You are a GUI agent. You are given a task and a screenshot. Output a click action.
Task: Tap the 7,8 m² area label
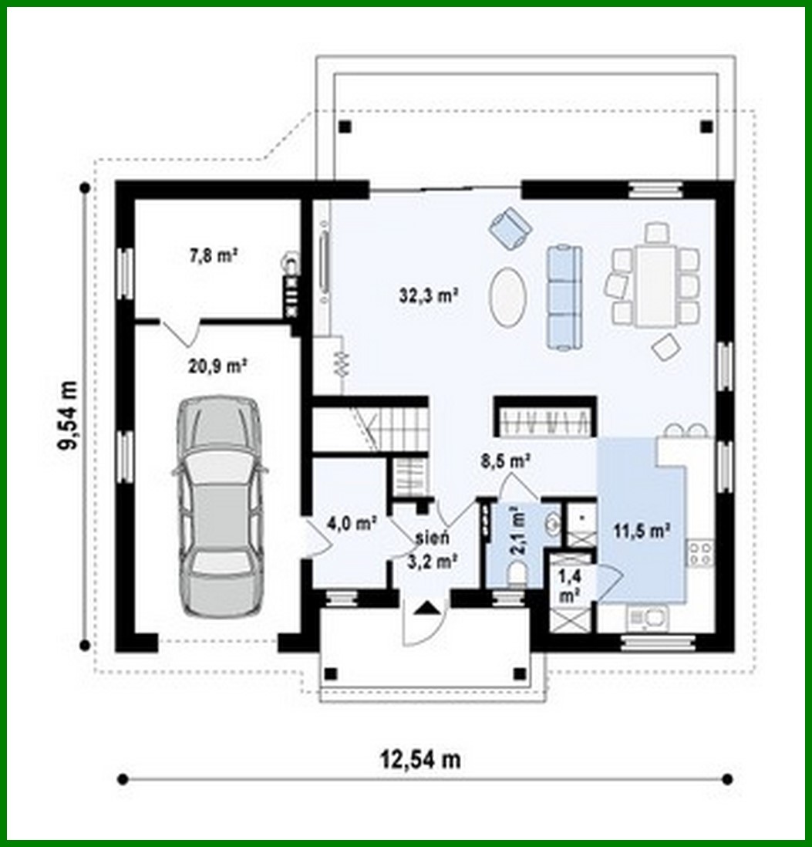[x=213, y=256]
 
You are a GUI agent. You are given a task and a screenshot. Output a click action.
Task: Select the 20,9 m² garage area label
[x=218, y=367]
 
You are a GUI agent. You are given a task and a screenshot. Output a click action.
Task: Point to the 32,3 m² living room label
[x=430, y=294]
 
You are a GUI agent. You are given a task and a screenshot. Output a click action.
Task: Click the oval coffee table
[x=509, y=296]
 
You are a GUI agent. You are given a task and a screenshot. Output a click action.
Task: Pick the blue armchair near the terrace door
[x=510, y=225]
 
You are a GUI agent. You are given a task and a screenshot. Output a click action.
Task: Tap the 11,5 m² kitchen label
[x=641, y=530]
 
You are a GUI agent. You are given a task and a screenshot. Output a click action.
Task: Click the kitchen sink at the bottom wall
[x=645, y=616]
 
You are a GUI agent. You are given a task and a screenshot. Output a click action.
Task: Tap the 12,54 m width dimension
[x=420, y=759]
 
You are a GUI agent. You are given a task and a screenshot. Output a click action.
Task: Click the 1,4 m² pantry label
[x=570, y=585]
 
